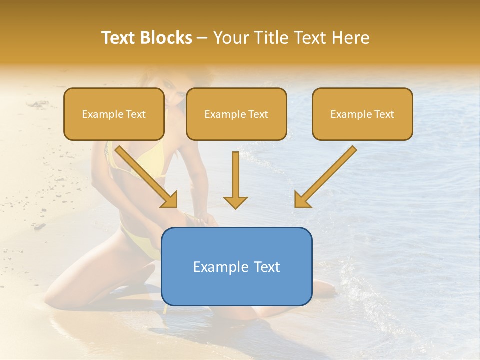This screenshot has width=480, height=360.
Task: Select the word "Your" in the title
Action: pos(230,38)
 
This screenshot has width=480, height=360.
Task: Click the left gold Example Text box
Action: pos(114,114)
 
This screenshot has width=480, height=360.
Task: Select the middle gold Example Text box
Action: pos(236,114)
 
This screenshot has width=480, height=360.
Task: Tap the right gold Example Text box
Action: pos(362,114)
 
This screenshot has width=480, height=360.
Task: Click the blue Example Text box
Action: pos(236,266)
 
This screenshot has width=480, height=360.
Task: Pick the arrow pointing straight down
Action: pos(235,180)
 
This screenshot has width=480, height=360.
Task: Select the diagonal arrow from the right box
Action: pos(326,176)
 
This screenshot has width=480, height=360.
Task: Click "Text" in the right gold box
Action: pos(384,114)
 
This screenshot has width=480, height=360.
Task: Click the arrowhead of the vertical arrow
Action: pos(235,202)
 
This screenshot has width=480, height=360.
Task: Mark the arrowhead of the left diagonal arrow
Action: pos(170,200)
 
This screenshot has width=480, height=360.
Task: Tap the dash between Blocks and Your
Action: pos(202,38)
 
